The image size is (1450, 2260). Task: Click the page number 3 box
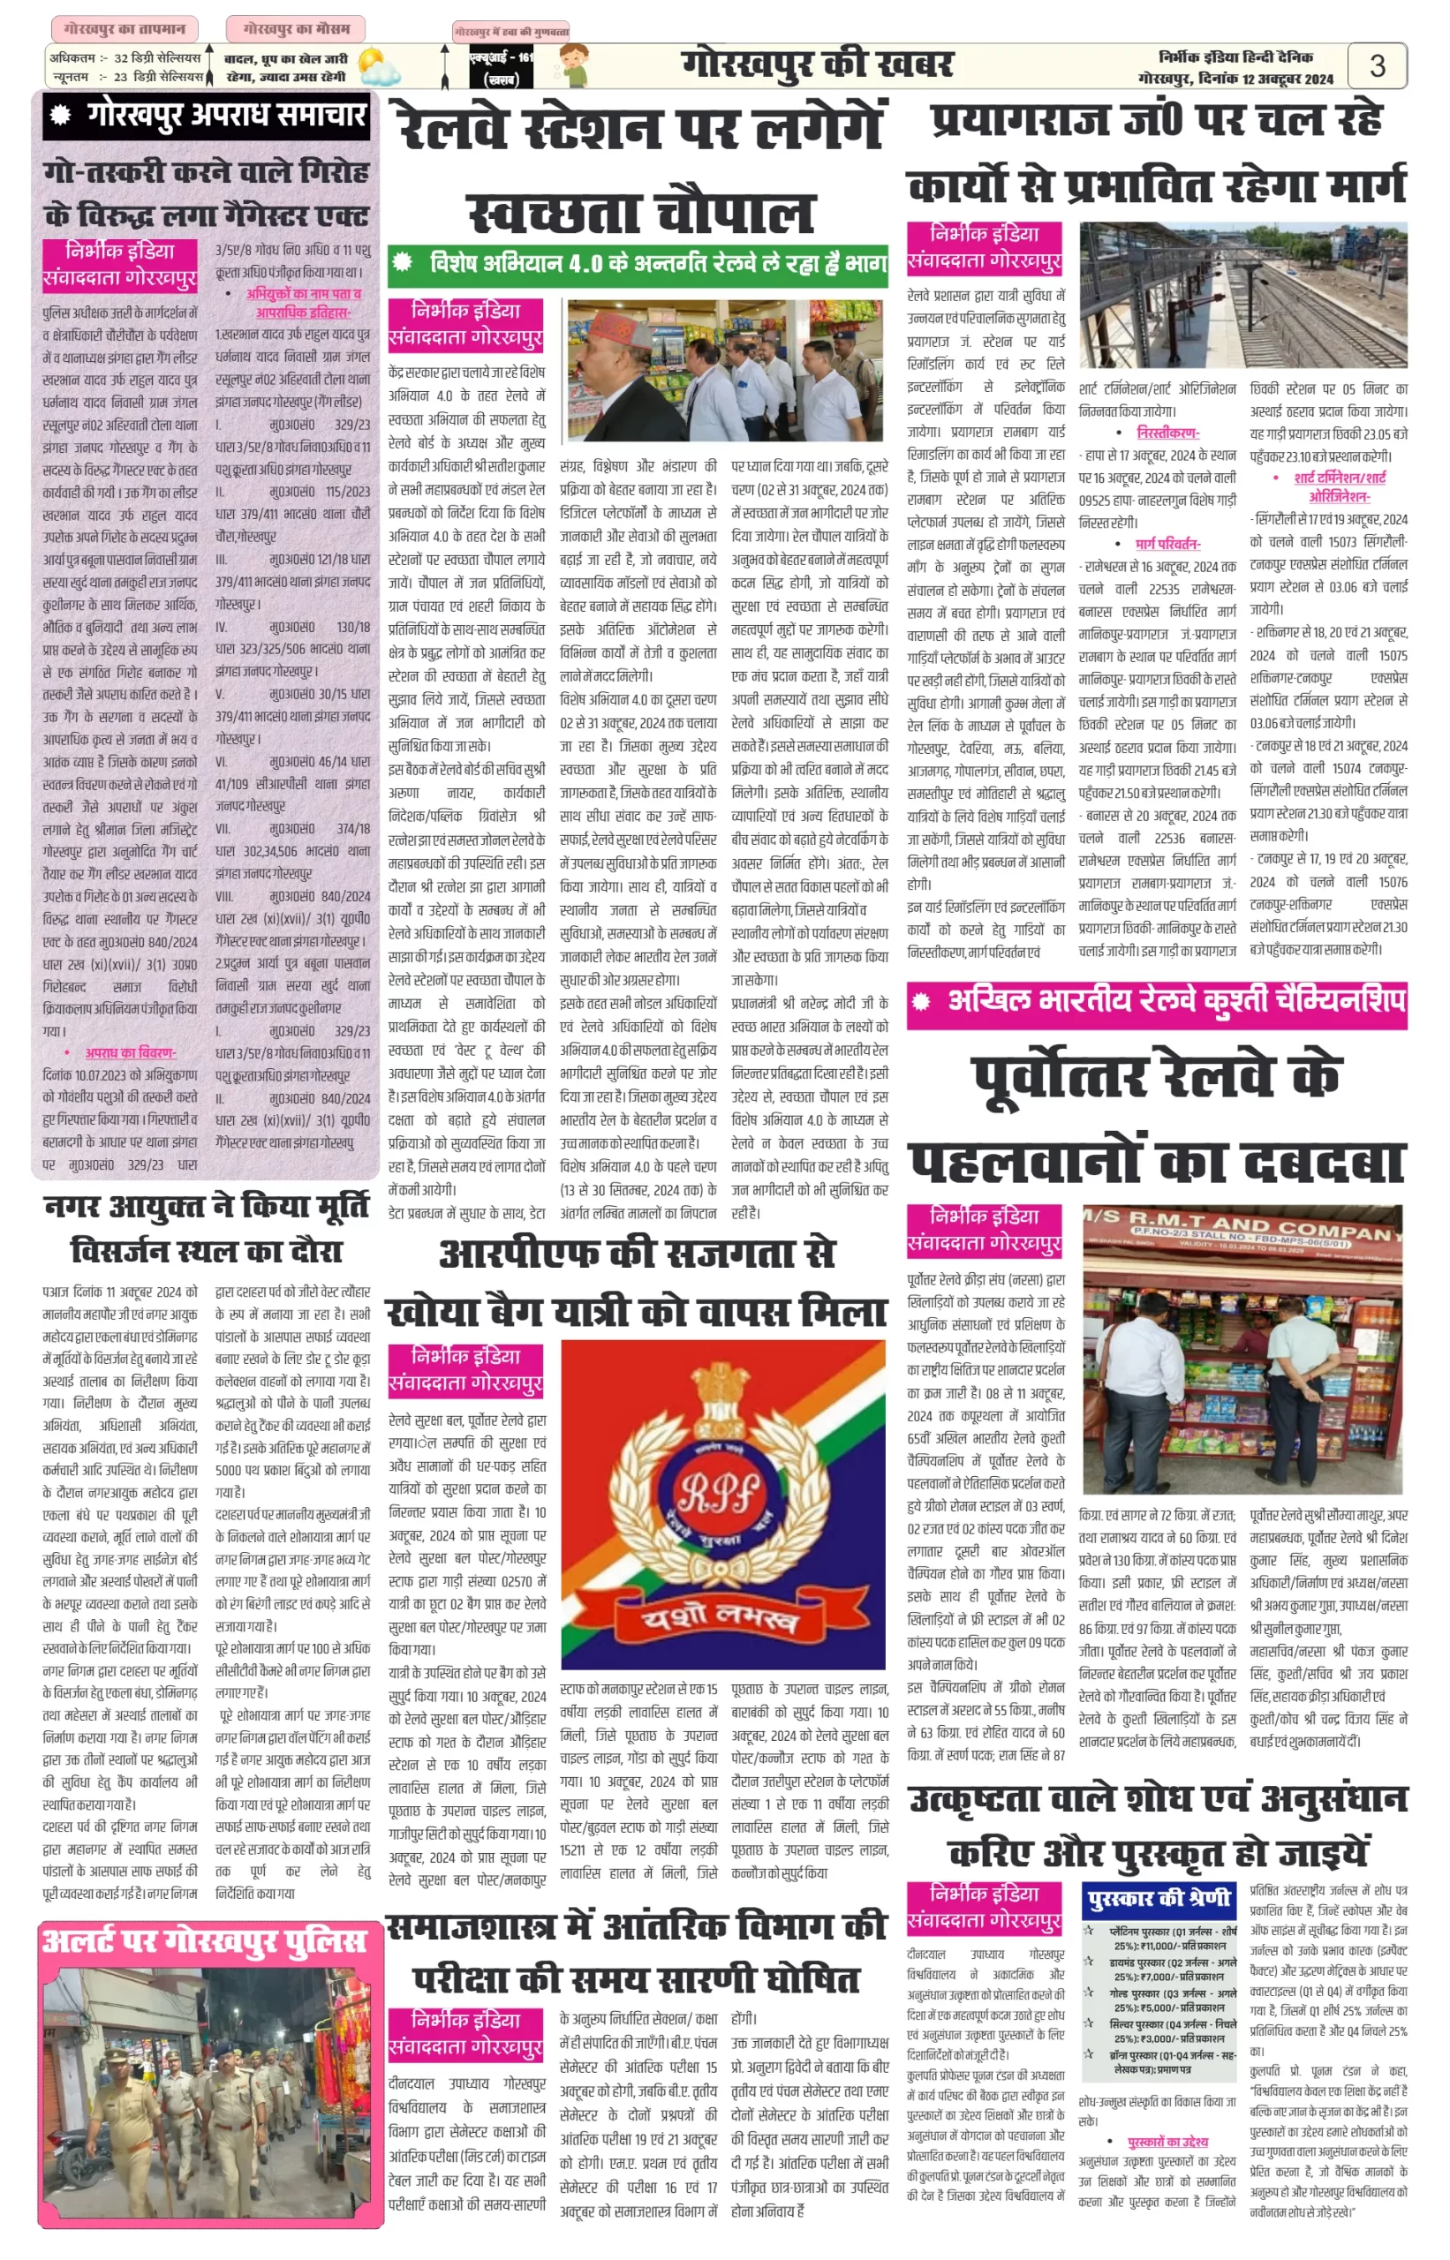1377,66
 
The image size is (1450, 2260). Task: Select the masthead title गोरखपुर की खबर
817,65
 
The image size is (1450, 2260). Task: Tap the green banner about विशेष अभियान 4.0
638,265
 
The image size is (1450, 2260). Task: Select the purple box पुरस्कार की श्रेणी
1157,1899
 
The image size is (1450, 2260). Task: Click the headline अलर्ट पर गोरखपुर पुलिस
204,1943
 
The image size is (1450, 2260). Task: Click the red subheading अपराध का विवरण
130,1052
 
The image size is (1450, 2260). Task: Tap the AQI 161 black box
487,69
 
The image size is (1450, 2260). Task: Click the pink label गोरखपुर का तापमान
125,29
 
